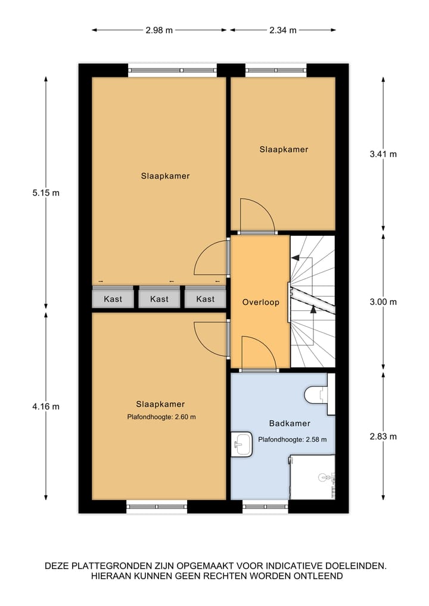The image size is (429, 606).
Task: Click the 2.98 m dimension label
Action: click(x=159, y=30)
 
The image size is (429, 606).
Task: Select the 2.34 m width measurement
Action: click(x=282, y=30)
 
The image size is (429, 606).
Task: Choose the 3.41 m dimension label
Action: click(x=383, y=154)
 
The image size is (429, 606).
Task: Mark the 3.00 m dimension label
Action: click(x=383, y=302)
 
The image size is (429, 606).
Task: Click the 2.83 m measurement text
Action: click(x=383, y=436)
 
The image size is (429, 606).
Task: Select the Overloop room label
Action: click(x=260, y=302)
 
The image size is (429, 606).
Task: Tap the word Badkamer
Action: click(x=290, y=424)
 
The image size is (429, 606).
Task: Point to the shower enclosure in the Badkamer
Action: click(x=312, y=477)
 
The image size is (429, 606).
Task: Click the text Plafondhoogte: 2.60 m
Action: click(x=161, y=417)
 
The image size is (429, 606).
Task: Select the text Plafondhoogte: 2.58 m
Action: click(x=292, y=440)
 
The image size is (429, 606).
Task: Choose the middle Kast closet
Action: click(x=159, y=299)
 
